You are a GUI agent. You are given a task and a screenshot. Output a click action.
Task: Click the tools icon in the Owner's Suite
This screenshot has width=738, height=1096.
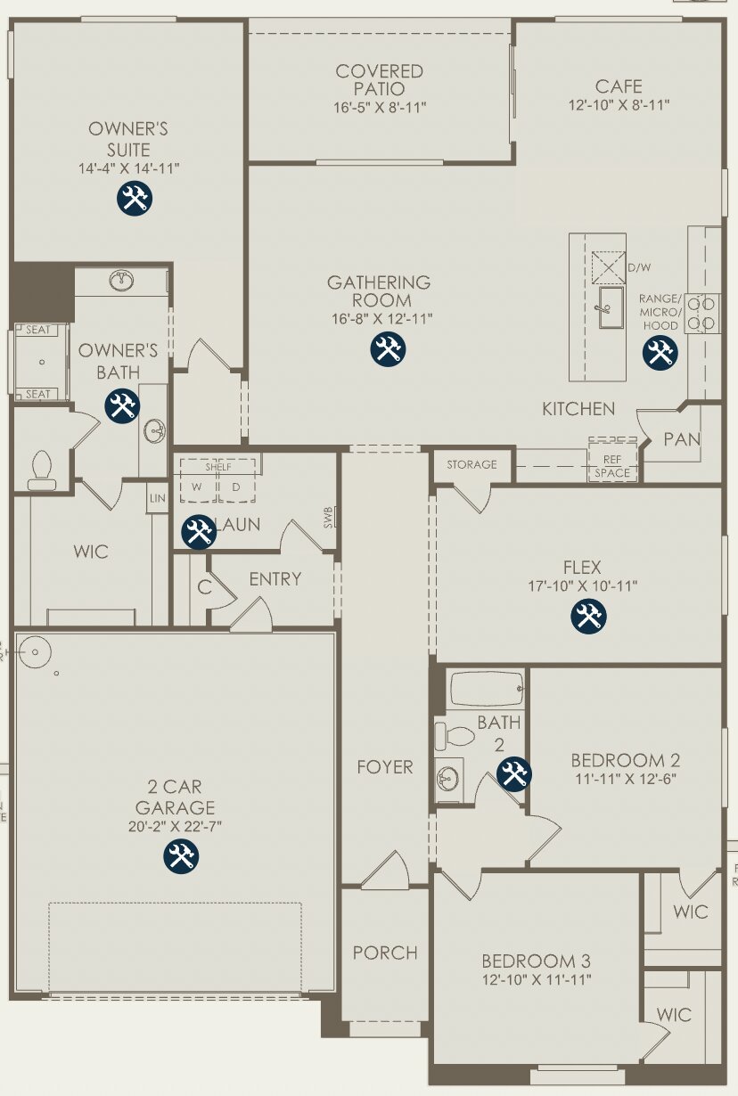(x=135, y=198)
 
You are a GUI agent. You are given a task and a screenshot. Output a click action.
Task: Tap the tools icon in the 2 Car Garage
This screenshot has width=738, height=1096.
(x=181, y=856)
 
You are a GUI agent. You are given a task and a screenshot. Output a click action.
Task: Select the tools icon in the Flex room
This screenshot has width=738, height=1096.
(x=588, y=616)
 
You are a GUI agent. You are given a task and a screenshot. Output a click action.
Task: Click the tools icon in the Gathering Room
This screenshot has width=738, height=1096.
(x=388, y=348)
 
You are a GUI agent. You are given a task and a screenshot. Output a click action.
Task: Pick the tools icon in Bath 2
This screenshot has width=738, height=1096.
(x=513, y=773)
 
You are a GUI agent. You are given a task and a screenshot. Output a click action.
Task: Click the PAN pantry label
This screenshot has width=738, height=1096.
(x=682, y=439)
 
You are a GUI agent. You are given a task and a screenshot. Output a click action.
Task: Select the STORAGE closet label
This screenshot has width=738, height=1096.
(x=471, y=464)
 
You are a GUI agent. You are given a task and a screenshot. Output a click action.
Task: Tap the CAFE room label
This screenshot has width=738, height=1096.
(x=619, y=86)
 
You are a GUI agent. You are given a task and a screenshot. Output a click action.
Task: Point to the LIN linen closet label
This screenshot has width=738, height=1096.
(x=158, y=498)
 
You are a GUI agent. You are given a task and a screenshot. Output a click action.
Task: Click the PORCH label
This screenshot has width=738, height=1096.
(x=385, y=953)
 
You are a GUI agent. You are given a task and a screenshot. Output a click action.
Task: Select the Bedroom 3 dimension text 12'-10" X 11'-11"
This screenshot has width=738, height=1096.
(x=536, y=980)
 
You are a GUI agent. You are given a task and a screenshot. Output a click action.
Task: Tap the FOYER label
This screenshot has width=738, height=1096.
(x=385, y=766)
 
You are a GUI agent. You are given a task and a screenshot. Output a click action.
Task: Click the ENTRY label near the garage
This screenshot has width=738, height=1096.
(x=275, y=579)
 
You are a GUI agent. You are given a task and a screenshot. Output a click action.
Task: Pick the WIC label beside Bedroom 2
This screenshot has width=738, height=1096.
(x=691, y=911)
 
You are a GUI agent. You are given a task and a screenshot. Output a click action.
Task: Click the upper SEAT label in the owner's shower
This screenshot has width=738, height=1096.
(x=38, y=330)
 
